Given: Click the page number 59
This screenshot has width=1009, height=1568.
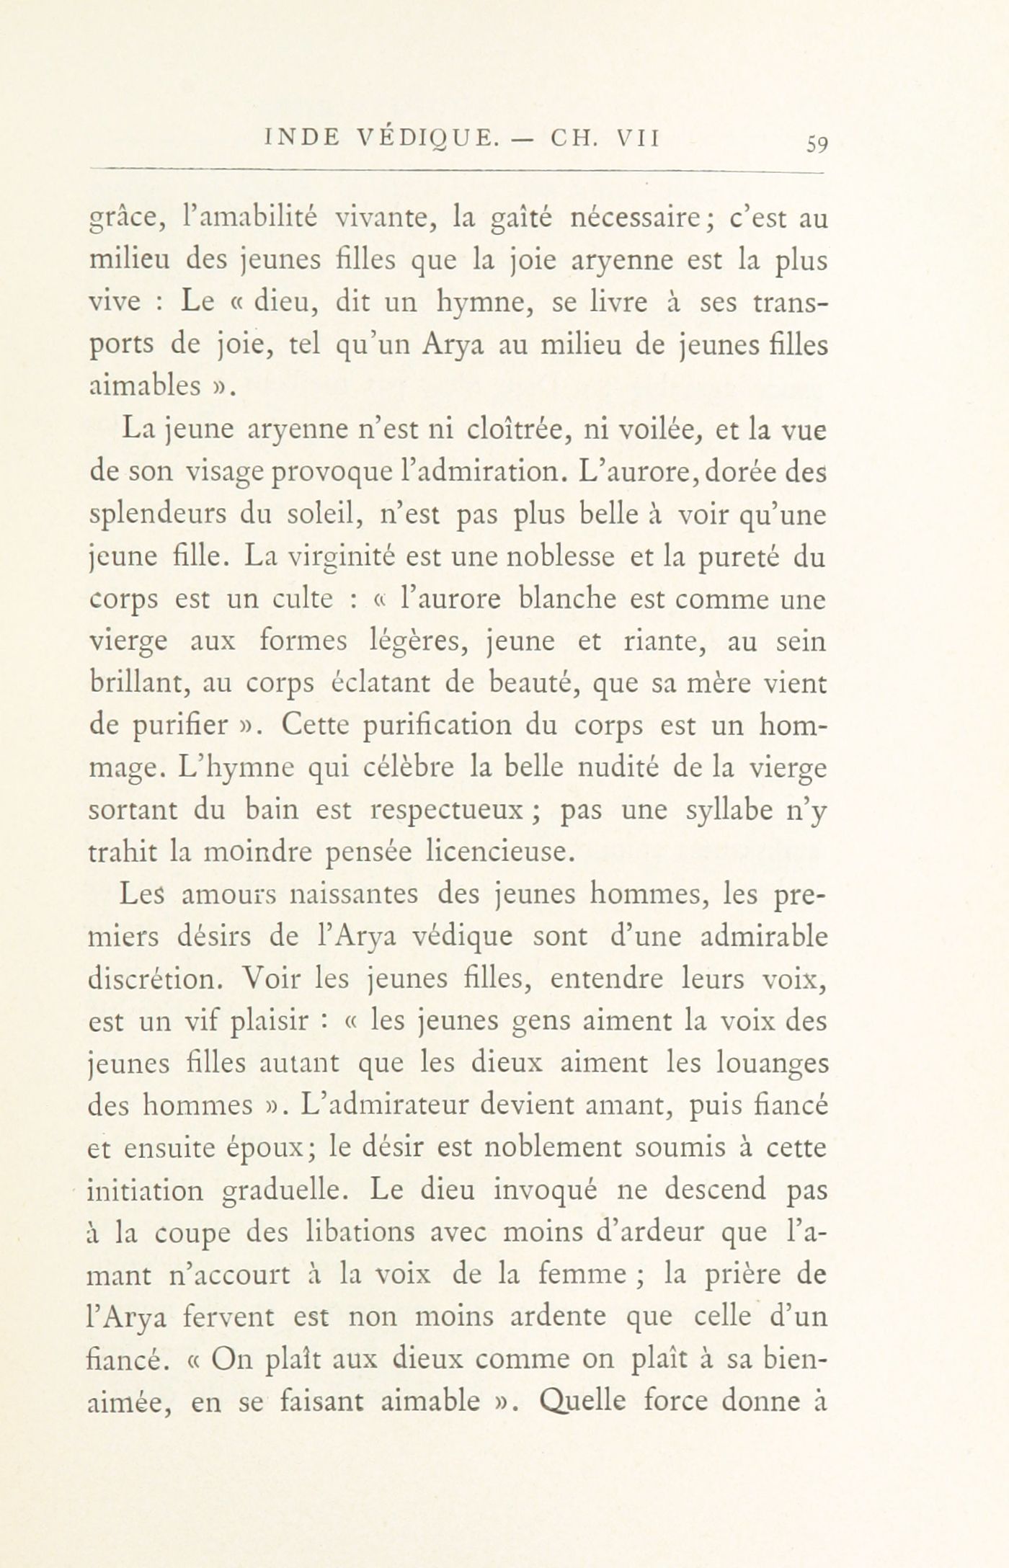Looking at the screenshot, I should pyautogui.click(x=817, y=143).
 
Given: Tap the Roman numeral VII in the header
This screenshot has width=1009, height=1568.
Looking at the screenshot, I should pyautogui.click(x=636, y=137).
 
